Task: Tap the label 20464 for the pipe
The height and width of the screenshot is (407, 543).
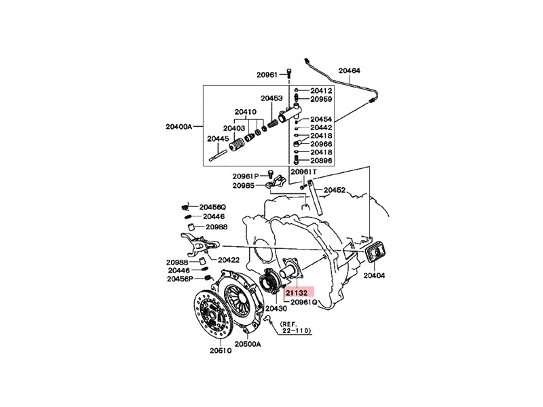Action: tap(350, 70)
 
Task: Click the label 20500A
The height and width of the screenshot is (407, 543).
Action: tap(249, 345)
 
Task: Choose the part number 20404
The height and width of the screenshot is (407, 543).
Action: tap(375, 276)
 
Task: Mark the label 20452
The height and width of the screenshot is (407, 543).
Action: tap(335, 191)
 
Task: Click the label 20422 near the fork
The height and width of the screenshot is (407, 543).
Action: tap(229, 258)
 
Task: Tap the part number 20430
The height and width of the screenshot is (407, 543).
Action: tap(276, 309)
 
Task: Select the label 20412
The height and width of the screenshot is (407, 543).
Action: tap(322, 90)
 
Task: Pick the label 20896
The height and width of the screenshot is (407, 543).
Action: tap(322, 161)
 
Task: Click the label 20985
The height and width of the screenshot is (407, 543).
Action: tap(243, 185)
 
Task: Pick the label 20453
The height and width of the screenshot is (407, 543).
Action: tap(271, 98)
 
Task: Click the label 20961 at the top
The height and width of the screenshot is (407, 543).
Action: tap(267, 75)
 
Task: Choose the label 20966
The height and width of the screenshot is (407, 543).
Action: tap(322, 144)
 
